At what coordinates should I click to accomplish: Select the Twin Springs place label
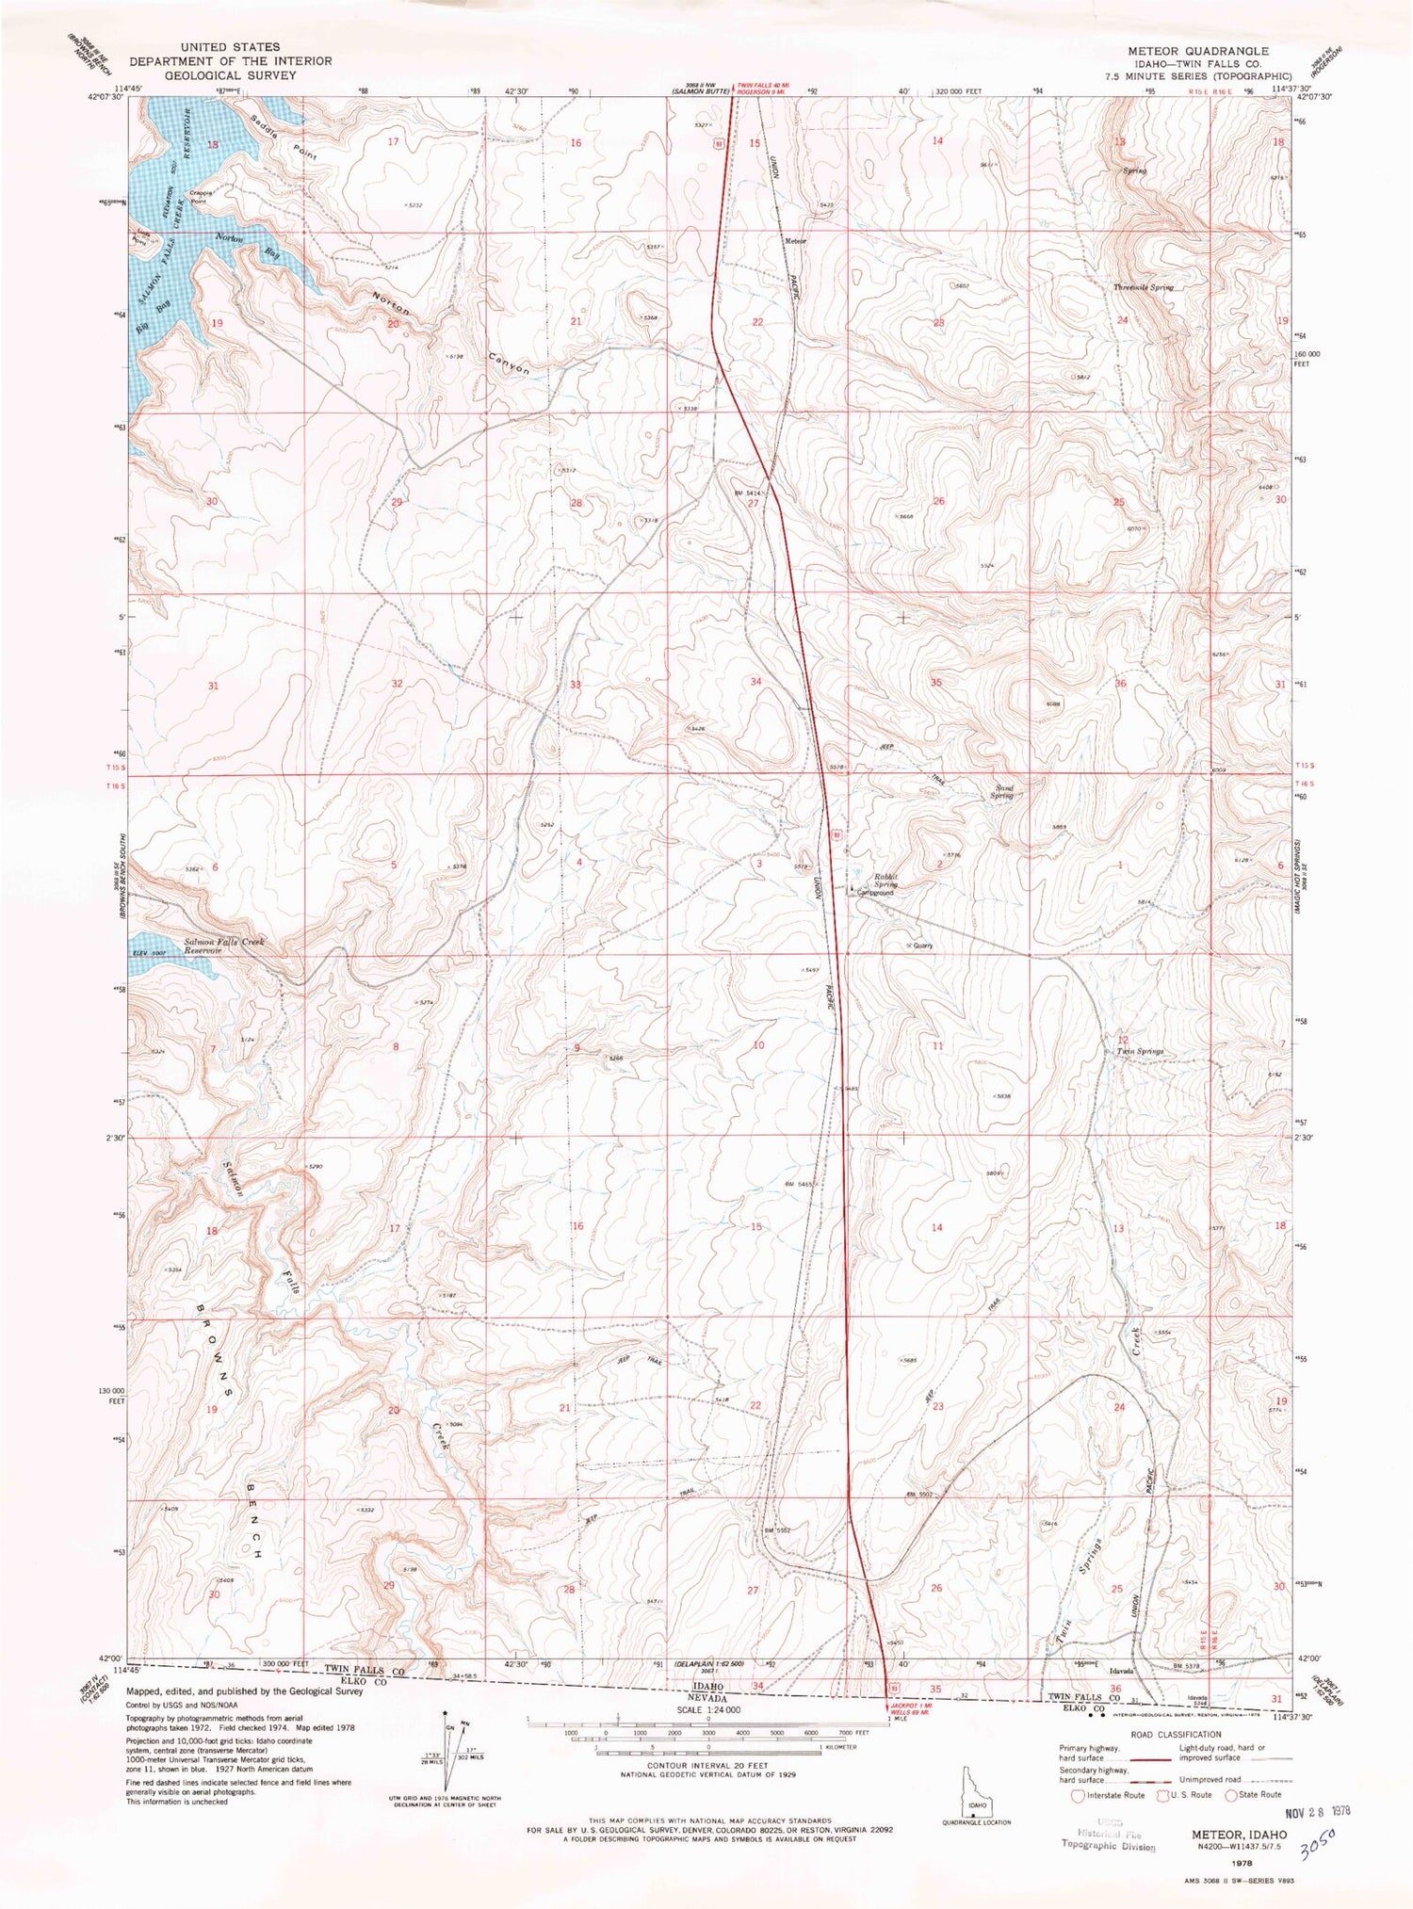coord(1140,1051)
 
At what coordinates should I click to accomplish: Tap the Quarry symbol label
coord(921,946)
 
